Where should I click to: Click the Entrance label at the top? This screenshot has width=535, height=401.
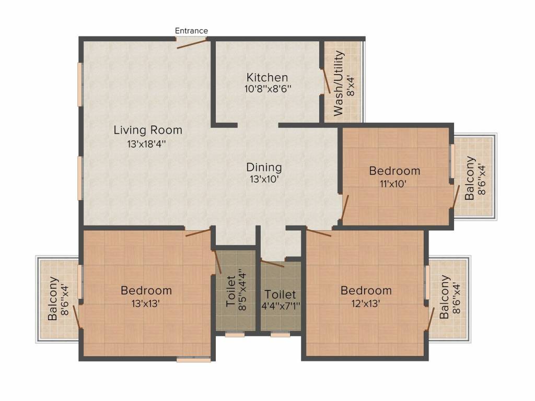pos(191,31)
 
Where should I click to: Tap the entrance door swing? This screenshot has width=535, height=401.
pos(192,43)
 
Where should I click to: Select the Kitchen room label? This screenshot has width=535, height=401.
pos(267,78)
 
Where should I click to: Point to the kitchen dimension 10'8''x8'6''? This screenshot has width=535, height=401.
pos(267,89)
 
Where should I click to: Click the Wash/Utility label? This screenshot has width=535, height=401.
pos(339,83)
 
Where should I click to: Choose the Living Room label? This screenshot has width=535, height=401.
pos(148,130)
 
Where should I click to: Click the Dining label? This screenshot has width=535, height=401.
pos(264,168)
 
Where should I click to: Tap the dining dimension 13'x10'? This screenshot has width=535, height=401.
pos(264,180)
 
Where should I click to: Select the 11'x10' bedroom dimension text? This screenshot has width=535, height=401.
pos(394,184)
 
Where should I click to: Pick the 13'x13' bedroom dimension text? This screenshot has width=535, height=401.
pos(146,303)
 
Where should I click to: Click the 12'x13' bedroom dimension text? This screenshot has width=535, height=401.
pos(366,303)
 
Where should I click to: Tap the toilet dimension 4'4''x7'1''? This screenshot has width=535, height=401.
pos(280,306)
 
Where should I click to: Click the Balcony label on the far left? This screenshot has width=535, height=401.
pos(53,299)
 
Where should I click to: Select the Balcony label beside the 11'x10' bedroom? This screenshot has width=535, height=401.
pos(470,178)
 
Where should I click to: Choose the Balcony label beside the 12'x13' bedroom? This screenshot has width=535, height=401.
pos(444,298)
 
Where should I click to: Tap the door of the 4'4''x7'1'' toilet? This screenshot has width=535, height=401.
pos(273,263)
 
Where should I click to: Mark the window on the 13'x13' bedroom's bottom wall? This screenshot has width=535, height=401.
pos(193,359)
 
